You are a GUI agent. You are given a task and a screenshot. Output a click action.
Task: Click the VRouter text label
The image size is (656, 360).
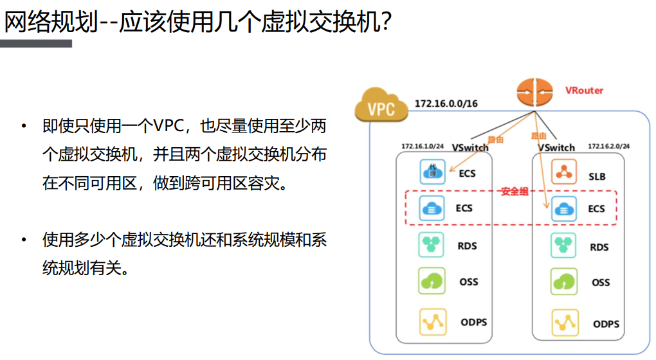pyautogui.click(x=584, y=91)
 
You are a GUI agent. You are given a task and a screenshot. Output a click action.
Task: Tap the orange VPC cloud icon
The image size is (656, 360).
pyautogui.click(x=381, y=106)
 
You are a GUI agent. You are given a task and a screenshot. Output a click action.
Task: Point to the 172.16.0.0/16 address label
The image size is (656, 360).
pyautogui.click(x=446, y=104)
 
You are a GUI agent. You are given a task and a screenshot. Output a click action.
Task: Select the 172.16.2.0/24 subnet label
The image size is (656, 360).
pyautogui.click(x=608, y=147)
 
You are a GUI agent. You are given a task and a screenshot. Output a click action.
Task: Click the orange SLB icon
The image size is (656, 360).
pyautogui.click(x=563, y=172)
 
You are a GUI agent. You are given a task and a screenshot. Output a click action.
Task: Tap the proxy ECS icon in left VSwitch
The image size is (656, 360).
pyautogui.click(x=432, y=172)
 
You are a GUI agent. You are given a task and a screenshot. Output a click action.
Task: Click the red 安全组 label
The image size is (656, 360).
pyautogui.click(x=514, y=192)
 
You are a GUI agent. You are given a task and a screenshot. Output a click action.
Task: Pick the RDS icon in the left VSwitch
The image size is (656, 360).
pyautogui.click(x=432, y=245)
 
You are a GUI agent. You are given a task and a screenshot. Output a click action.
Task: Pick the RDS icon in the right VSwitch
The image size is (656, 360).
pyautogui.click(x=563, y=246)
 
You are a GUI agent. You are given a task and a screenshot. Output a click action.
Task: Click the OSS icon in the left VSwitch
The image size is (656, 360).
pyautogui.click(x=432, y=282)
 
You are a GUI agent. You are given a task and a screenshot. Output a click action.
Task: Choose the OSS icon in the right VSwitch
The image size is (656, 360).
pyautogui.click(x=563, y=282)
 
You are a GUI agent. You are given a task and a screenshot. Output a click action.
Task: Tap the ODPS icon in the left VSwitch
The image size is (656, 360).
pyautogui.click(x=432, y=321)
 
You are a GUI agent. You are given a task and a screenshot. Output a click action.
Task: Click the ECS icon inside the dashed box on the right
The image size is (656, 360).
pyautogui.click(x=563, y=209)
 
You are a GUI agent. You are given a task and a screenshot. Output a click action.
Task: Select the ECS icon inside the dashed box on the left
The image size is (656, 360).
pyautogui.click(x=432, y=208)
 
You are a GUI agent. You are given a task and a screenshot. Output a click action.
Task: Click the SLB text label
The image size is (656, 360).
pyautogui.click(x=597, y=176)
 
